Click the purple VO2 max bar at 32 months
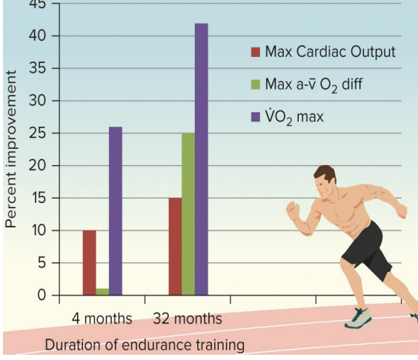coord(201,159)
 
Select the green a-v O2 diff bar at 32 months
coord(188,214)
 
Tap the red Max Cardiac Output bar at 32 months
coord(175,247)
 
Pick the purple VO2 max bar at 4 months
coord(115,211)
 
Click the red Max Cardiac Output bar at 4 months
coord(89,263)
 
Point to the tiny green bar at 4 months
coord(102,292)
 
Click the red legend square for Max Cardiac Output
coord(256,53)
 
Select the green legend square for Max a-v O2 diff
coord(256,84)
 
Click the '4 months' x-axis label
coord(102,319)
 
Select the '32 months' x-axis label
coord(188,319)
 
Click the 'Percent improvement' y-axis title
coord(11,149)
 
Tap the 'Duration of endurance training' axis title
coord(144,344)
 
